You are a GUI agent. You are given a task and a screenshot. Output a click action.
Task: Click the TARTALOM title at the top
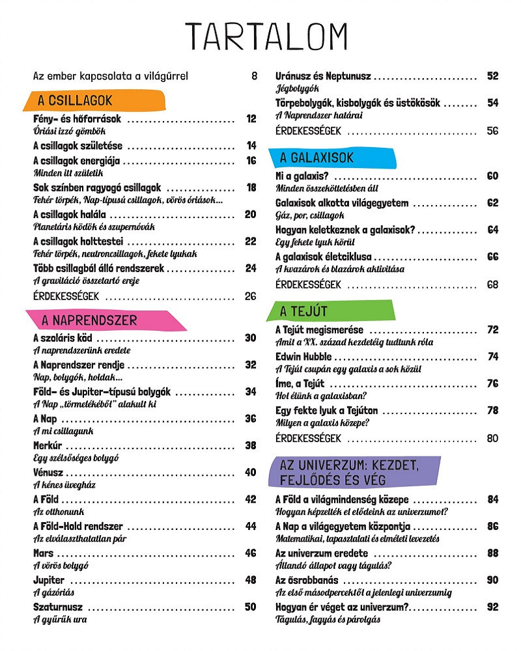tap(266, 36)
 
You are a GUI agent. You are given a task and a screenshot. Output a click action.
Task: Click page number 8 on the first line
tap(254, 76)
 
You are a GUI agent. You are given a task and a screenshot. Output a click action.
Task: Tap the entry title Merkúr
tap(48, 445)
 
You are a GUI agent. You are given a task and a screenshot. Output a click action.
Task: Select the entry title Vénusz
tap(48, 473)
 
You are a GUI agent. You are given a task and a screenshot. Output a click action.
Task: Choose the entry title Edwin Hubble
tap(303, 357)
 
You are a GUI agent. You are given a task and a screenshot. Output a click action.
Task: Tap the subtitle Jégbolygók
tap(297, 89)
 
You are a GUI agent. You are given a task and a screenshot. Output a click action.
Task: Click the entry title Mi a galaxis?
tap(302, 176)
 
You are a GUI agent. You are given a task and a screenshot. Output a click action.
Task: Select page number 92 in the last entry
tap(492, 607)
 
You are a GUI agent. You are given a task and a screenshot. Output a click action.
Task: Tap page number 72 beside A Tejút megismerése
tap(492, 330)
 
